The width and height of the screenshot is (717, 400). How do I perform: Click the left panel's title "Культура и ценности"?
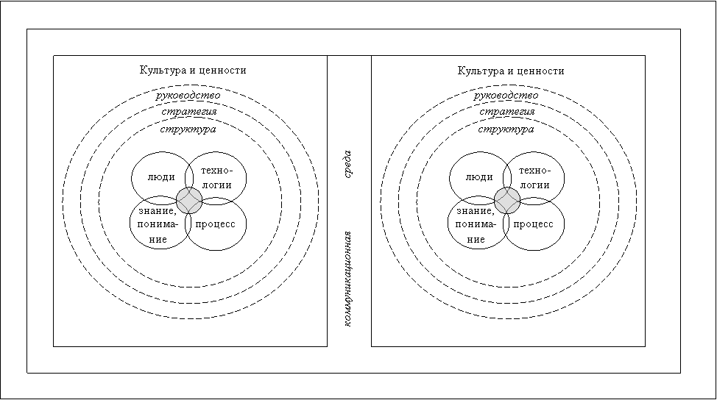coord(193,71)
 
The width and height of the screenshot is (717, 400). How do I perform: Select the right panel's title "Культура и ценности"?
coord(511,71)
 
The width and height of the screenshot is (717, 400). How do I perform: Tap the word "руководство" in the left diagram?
coord(188,96)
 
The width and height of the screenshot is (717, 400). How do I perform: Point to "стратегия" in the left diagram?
coord(189,112)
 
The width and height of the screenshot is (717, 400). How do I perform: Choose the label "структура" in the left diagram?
coord(188,129)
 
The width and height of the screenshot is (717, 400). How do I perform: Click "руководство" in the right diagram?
coord(506,96)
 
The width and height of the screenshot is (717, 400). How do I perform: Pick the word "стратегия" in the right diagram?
coord(507,112)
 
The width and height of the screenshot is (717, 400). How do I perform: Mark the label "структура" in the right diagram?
coord(506,129)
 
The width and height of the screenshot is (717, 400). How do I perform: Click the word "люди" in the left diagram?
coord(161,177)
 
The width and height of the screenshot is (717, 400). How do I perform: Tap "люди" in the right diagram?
coord(479,177)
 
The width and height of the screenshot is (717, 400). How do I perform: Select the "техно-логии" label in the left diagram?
coord(216,178)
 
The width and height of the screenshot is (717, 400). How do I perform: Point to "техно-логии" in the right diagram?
coord(534,178)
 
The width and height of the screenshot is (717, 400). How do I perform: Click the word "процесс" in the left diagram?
coord(215,224)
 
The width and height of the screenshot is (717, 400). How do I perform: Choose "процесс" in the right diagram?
coord(533,224)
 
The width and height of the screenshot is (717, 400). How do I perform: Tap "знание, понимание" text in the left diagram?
coord(158,225)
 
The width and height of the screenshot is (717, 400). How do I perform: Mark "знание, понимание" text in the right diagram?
coord(476,225)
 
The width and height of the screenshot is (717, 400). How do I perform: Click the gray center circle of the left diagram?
coord(189,201)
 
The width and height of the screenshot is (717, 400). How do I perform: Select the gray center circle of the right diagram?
coord(507,201)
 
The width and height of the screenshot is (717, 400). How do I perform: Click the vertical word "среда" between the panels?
coord(347,165)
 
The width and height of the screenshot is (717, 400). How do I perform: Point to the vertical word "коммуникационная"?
coord(347,279)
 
